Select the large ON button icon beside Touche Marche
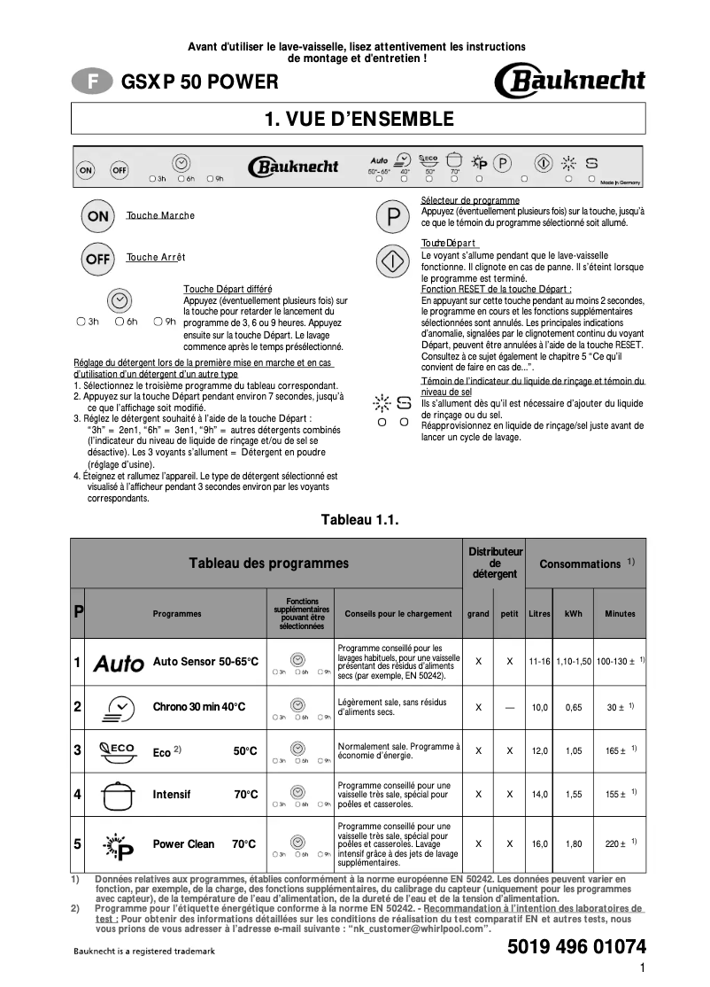98,216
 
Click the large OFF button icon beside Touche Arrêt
98,259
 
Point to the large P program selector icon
392,216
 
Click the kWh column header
573,613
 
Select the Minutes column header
620,613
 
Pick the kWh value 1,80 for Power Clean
573,843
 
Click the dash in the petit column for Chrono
509,707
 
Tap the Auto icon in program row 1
119,662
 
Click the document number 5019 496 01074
576,945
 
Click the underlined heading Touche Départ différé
228,289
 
